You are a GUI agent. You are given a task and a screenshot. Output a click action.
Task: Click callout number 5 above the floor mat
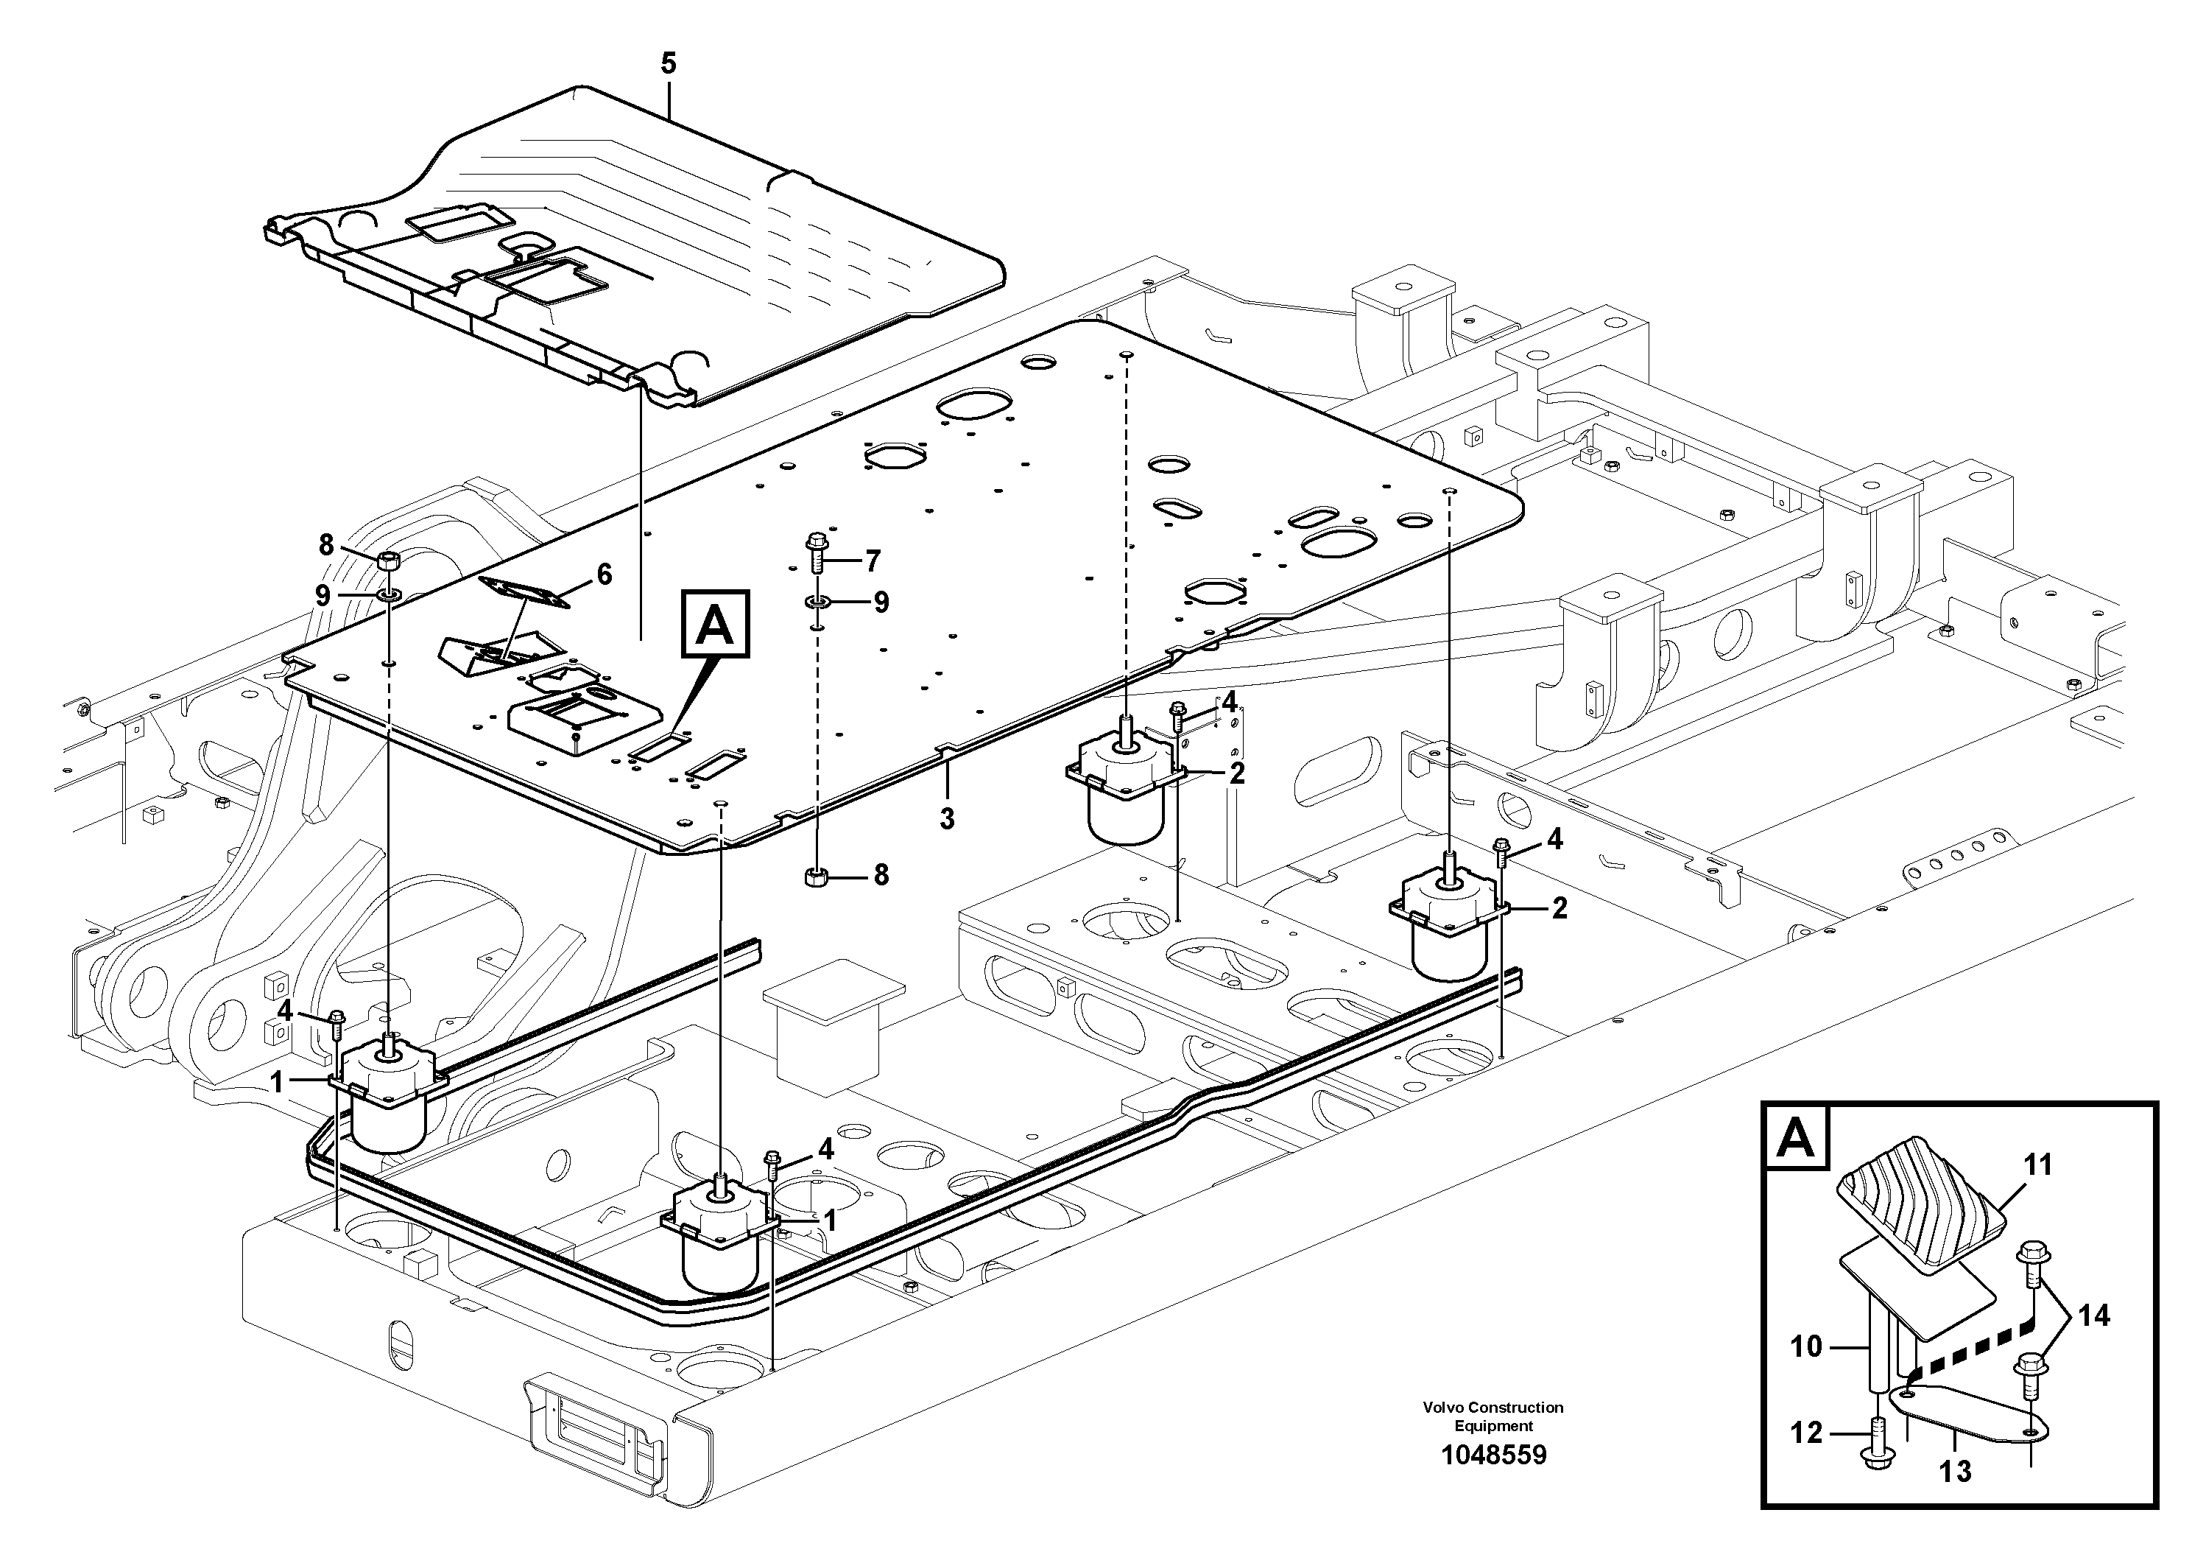[669, 64]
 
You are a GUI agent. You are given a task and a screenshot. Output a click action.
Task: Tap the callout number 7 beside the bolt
[872, 561]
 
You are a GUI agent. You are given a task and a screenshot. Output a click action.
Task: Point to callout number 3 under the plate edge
[946, 818]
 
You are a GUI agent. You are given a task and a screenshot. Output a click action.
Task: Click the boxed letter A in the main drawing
[715, 625]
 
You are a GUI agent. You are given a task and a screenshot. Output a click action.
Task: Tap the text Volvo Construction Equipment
[1493, 1416]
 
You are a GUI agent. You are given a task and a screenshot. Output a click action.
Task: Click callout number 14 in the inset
[2093, 1316]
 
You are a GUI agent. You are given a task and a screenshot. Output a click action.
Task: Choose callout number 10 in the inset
[1806, 1346]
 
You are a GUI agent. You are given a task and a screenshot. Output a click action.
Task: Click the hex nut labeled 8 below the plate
[817, 876]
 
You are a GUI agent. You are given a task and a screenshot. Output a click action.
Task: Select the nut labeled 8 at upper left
[389, 560]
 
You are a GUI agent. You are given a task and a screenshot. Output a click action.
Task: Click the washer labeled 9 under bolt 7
[817, 603]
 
